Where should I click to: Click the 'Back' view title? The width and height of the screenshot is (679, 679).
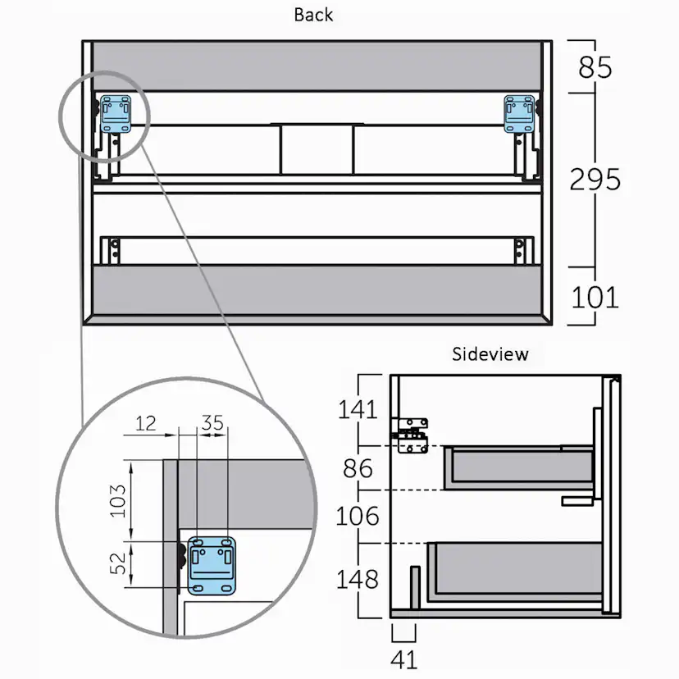pyautogui.click(x=313, y=15)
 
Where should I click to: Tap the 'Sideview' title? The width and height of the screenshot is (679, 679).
pyautogui.click(x=490, y=354)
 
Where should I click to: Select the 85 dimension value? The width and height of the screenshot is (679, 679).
pyautogui.click(x=595, y=67)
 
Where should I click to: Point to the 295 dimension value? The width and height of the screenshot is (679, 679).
pyautogui.click(x=595, y=180)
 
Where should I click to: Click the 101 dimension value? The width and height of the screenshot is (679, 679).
pyautogui.click(x=595, y=298)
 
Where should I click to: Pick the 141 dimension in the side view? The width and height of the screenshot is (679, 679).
pyautogui.click(x=358, y=409)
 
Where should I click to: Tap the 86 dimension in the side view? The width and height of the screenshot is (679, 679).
pyautogui.click(x=358, y=468)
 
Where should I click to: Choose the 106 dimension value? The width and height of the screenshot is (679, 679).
pyautogui.click(x=358, y=516)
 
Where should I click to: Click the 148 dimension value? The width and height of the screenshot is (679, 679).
pyautogui.click(x=358, y=579)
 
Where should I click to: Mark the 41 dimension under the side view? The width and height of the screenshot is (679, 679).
pyautogui.click(x=404, y=660)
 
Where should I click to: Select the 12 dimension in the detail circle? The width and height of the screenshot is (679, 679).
pyautogui.click(x=145, y=423)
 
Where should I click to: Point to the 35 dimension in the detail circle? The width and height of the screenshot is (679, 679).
pyautogui.click(x=212, y=422)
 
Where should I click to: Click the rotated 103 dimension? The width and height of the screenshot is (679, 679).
pyautogui.click(x=117, y=500)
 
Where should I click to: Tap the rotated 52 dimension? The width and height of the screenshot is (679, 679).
pyautogui.click(x=117, y=563)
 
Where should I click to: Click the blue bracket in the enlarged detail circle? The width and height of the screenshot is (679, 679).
pyautogui.click(x=212, y=566)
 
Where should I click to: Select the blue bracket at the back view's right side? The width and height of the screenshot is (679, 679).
pyautogui.click(x=519, y=114)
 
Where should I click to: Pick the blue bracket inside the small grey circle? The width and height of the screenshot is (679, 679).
pyautogui.click(x=116, y=114)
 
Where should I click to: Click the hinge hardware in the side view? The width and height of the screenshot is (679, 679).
pyautogui.click(x=410, y=435)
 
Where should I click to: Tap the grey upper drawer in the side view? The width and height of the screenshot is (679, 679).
pyautogui.click(x=518, y=468)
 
